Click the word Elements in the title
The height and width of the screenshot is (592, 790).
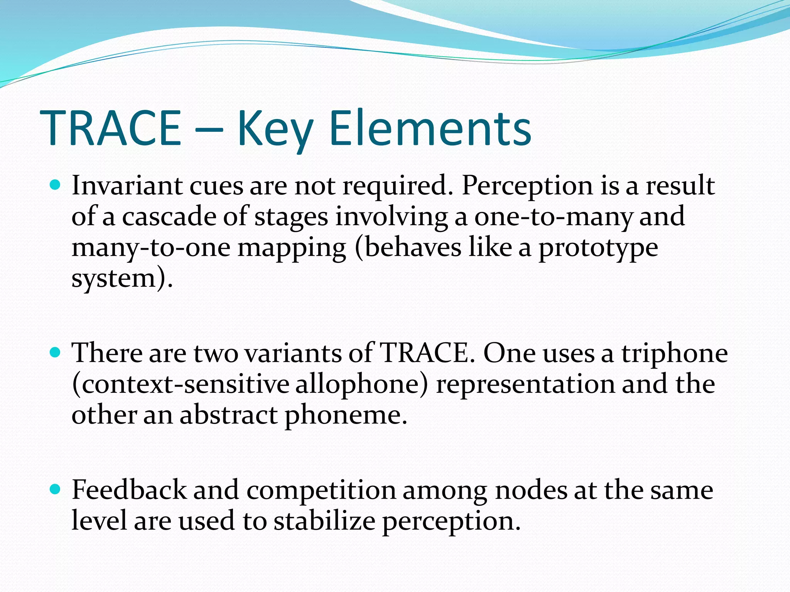point(430,128)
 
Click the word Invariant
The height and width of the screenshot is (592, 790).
point(127,186)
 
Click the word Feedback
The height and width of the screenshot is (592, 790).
point(129,490)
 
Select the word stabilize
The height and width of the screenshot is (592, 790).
point(324,521)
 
